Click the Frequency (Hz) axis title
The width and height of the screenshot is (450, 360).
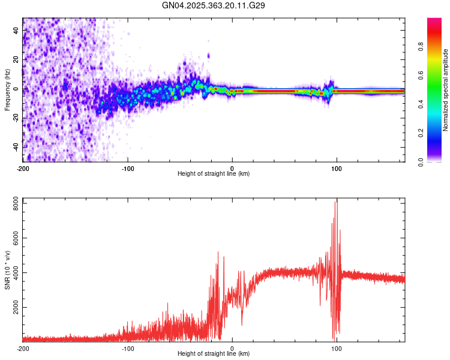pyautogui.click(x=7, y=90)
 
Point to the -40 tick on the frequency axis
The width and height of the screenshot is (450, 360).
pyautogui.click(x=16, y=147)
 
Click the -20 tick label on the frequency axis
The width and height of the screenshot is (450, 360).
pyautogui.click(x=16, y=118)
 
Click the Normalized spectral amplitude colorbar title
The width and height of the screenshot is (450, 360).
pyautogui.click(x=445, y=90)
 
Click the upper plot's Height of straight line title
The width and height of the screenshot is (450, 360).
pyautogui.click(x=214, y=173)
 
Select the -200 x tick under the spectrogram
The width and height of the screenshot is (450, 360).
pyautogui.click(x=23, y=167)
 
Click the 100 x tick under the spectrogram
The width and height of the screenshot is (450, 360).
pyautogui.click(x=337, y=167)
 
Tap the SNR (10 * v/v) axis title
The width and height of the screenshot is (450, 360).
pyautogui.click(x=7, y=270)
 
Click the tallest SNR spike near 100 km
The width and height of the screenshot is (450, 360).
pyautogui.click(x=337, y=200)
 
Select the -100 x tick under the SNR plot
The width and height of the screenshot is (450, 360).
pyautogui.click(x=127, y=348)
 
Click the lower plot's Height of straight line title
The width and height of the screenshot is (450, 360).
pyautogui.click(x=214, y=354)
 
